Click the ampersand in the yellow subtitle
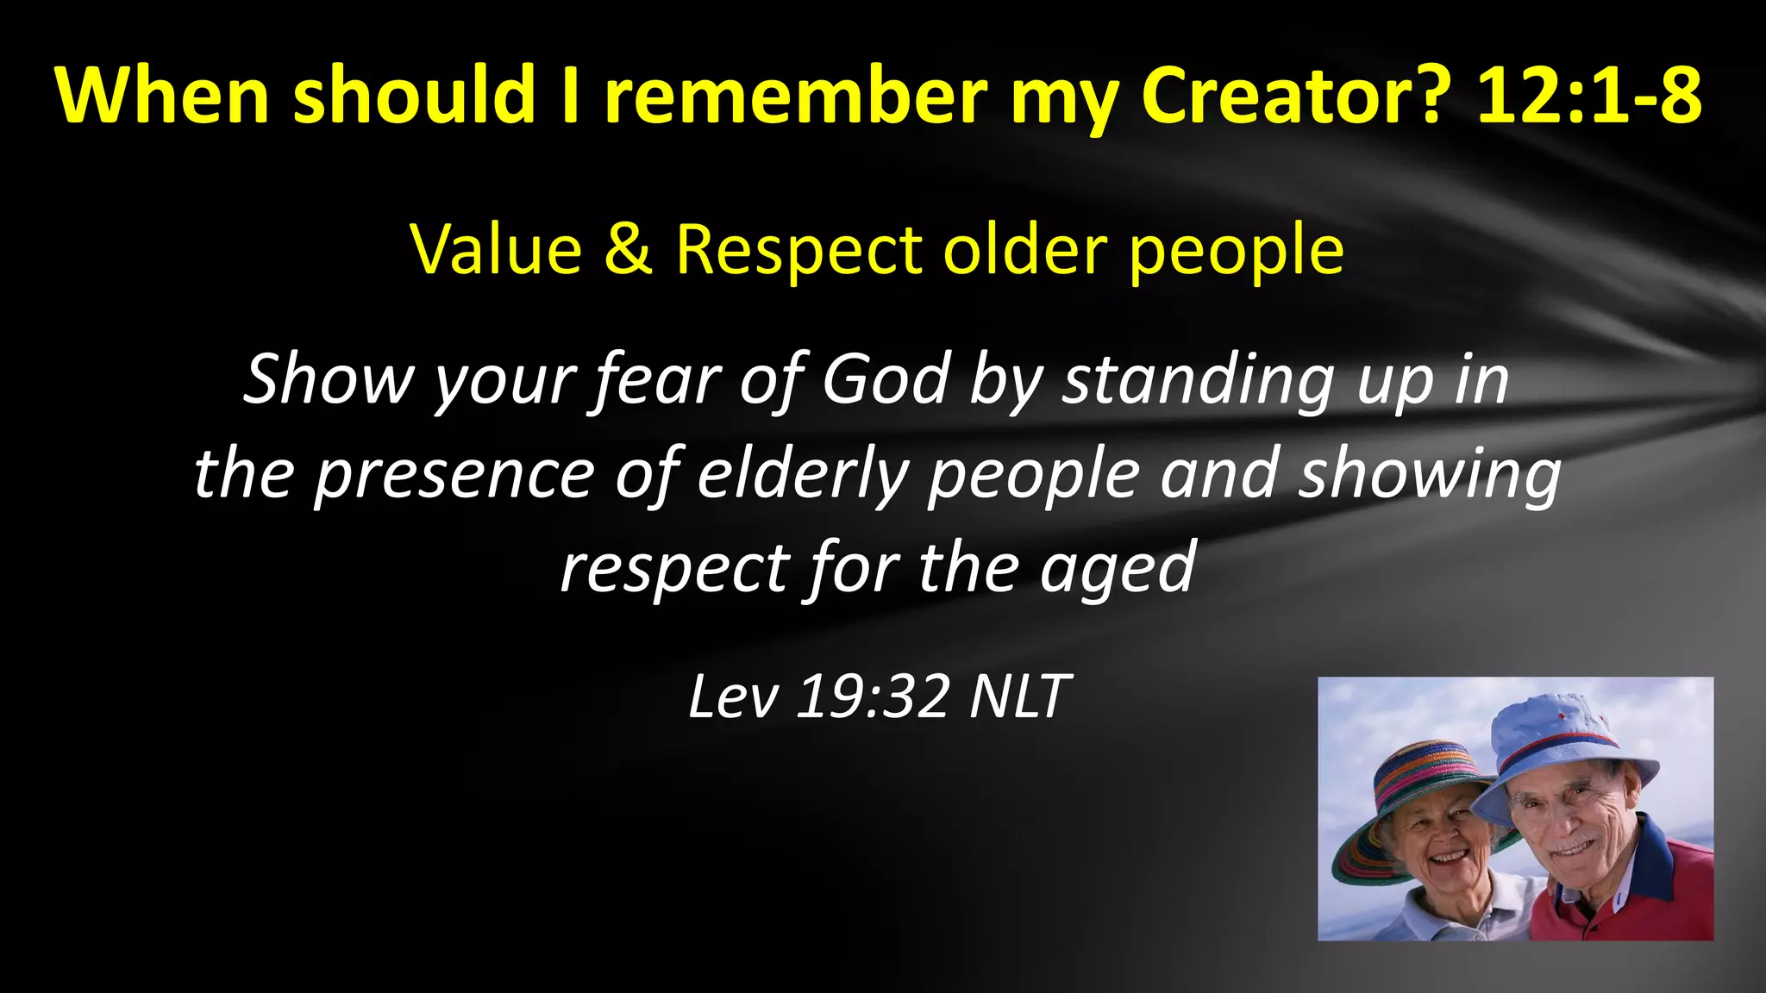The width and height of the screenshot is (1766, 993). coord(628,250)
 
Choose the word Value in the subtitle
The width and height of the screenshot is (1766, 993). coord(496,250)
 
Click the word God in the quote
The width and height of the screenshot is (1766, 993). coord(886,379)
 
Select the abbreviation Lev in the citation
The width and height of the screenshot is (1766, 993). coord(732,696)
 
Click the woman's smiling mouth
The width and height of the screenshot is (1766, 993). coord(1449,857)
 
